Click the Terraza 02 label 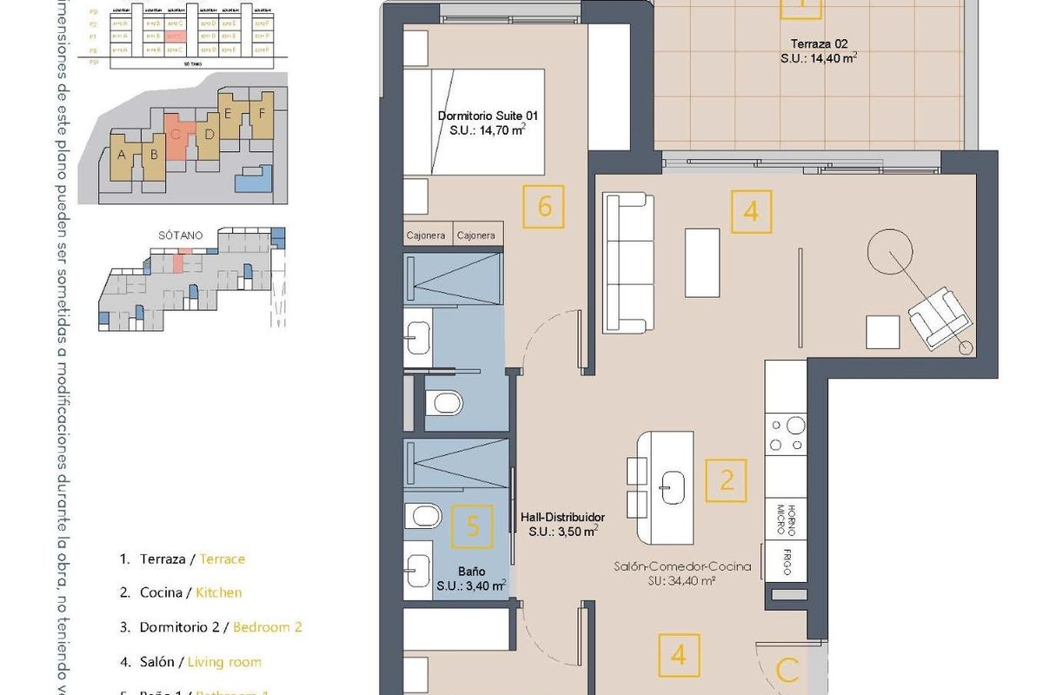[x=819, y=43]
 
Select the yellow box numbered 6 [x=545, y=207]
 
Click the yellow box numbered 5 [x=472, y=526]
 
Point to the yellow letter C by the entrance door [x=787, y=671]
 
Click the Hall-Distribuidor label [x=562, y=515]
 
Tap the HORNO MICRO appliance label [x=786, y=519]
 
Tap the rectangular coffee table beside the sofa [x=702, y=263]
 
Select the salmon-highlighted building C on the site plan [x=178, y=137]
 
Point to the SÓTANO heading [x=182, y=235]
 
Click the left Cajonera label [x=427, y=235]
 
